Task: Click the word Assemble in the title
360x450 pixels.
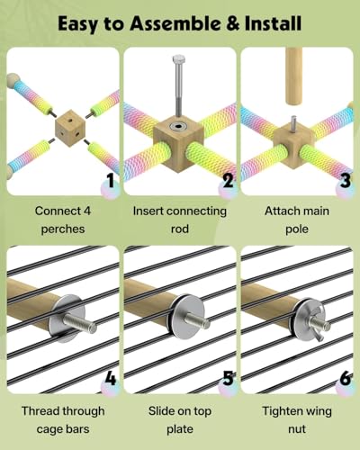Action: (175, 23)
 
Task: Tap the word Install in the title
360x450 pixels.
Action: (273, 23)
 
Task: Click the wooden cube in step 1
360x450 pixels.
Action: (70, 128)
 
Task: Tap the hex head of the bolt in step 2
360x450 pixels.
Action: (178, 58)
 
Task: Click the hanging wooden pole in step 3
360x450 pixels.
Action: (293, 76)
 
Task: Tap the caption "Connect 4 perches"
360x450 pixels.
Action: (63, 220)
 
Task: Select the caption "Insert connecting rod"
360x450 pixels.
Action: (180, 220)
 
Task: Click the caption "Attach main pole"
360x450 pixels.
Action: (297, 220)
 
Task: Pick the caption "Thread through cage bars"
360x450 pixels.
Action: (63, 420)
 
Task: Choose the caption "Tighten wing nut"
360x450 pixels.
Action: (297, 420)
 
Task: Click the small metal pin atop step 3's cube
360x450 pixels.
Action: (293, 123)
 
